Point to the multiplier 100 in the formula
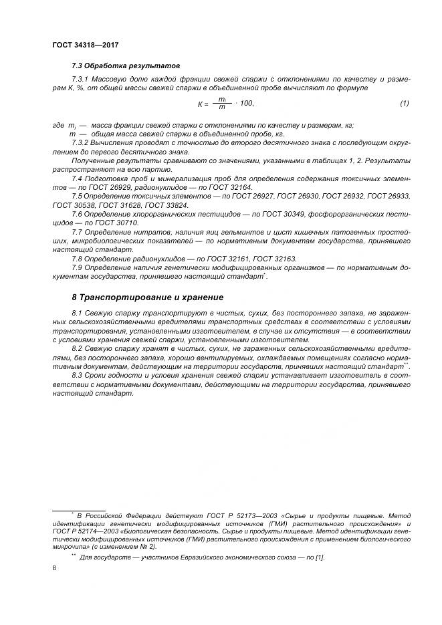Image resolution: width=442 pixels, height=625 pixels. (246, 104)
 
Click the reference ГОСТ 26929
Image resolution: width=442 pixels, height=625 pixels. (99, 189)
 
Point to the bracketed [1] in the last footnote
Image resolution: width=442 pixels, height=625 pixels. (319, 557)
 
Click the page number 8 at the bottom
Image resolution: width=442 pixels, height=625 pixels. (54, 568)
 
